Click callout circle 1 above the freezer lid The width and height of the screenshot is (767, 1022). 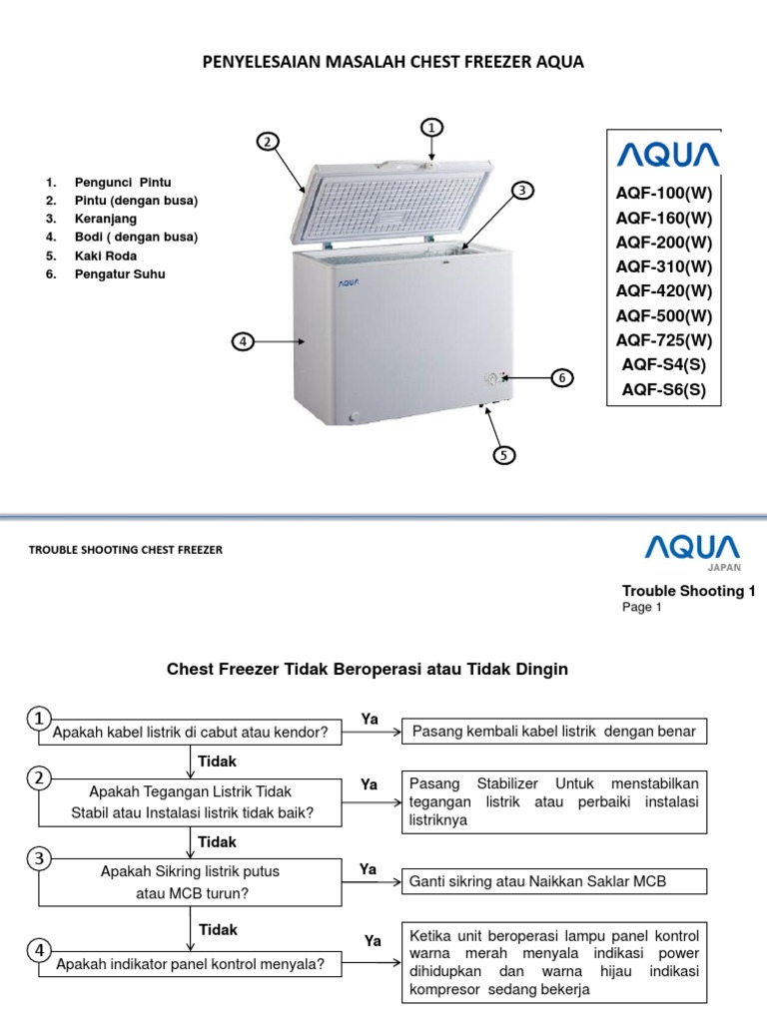point(431,128)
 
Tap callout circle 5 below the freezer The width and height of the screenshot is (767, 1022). point(504,455)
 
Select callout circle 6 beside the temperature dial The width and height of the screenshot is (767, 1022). point(562,377)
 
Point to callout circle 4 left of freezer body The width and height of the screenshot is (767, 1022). point(242,342)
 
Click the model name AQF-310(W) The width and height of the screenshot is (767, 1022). point(664,265)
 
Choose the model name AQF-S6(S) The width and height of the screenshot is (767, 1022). point(664,389)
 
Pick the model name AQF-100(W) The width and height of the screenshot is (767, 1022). point(664,193)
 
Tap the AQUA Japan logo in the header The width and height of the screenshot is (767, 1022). point(691,550)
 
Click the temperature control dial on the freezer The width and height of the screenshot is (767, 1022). point(491,378)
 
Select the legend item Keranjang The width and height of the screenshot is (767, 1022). point(104,219)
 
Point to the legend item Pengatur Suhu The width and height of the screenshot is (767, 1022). point(120,273)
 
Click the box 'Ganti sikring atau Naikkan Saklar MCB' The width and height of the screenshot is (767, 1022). point(553,882)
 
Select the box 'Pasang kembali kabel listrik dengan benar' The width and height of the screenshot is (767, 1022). point(553,732)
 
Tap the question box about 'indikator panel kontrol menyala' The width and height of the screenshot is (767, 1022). point(190,964)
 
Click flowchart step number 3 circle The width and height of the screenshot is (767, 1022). point(39,858)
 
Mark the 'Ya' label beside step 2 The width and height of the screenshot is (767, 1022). point(370,785)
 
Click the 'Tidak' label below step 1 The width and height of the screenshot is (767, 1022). point(218,762)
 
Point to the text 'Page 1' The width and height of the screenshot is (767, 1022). point(642,607)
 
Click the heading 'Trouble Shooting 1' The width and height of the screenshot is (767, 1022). point(688,591)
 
